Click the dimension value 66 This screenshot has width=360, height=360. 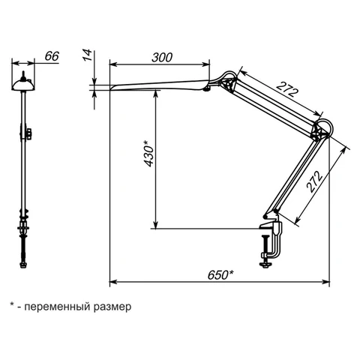coord(52,56)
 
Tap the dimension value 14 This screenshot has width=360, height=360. coord(88,55)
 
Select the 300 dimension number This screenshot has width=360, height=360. coord(162,58)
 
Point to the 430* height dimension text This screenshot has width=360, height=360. coord(149,153)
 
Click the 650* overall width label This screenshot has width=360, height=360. coord(220,275)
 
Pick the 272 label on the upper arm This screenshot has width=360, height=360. coord(287,89)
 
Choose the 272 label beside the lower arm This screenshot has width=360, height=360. coord(314,181)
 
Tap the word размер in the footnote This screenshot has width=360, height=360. coord(112,307)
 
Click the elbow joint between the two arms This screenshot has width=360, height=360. coord(322,130)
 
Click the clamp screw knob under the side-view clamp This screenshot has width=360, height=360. coord(265,265)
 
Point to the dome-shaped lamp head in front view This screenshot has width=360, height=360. coord(23,85)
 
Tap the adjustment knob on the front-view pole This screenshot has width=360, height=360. coord(29,133)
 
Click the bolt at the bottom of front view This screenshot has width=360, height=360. coord(23,265)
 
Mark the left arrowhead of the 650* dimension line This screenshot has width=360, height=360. coord(113,282)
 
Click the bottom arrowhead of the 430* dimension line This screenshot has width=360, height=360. coord(156,224)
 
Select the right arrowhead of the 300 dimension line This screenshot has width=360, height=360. coord(206,64)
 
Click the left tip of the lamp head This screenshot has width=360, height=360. coord(110,88)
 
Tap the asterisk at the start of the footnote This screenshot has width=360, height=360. coord(11,304)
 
